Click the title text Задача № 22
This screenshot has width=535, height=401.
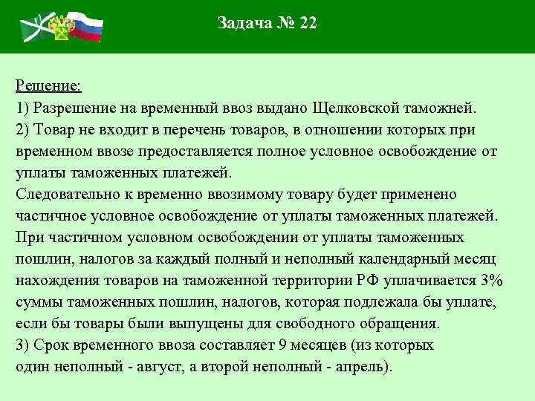[x=267, y=23]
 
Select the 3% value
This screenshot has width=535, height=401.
[x=492, y=281]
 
